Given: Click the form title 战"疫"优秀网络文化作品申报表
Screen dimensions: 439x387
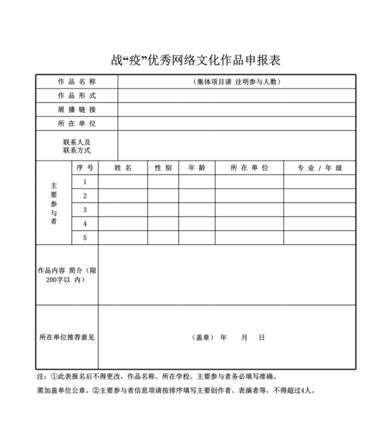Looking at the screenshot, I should pos(195,60).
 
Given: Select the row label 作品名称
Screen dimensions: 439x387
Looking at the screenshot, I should pos(77,82).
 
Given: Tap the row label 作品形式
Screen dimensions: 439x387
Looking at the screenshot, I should pos(77,96).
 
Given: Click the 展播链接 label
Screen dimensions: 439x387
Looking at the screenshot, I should pos(77,110).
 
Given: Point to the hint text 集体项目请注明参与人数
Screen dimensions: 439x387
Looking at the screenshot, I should pos(237,82).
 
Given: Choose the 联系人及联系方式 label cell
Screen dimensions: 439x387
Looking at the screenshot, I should pos(77,146).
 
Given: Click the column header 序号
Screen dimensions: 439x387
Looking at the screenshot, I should pos(85,168).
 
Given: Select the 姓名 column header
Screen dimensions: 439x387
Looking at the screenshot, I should pos(123,168).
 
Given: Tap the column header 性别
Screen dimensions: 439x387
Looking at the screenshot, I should pos(163,168).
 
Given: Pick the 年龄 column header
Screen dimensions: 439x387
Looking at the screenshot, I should pos(197,168).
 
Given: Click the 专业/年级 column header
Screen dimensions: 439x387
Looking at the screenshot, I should pos(319,168).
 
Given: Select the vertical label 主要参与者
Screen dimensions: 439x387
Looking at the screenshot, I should pos(54,203).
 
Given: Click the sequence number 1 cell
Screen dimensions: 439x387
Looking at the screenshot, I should pos(85,182).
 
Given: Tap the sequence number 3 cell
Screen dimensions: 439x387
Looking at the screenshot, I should pos(85,210).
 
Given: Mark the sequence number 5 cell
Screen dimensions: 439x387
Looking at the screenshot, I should pos(85,238).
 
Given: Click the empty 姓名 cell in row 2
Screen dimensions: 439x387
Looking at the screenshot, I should pos(123,196).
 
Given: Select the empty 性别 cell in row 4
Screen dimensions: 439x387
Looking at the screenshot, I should pos(163,224).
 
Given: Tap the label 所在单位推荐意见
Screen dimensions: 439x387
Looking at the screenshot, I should pos(67,337).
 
